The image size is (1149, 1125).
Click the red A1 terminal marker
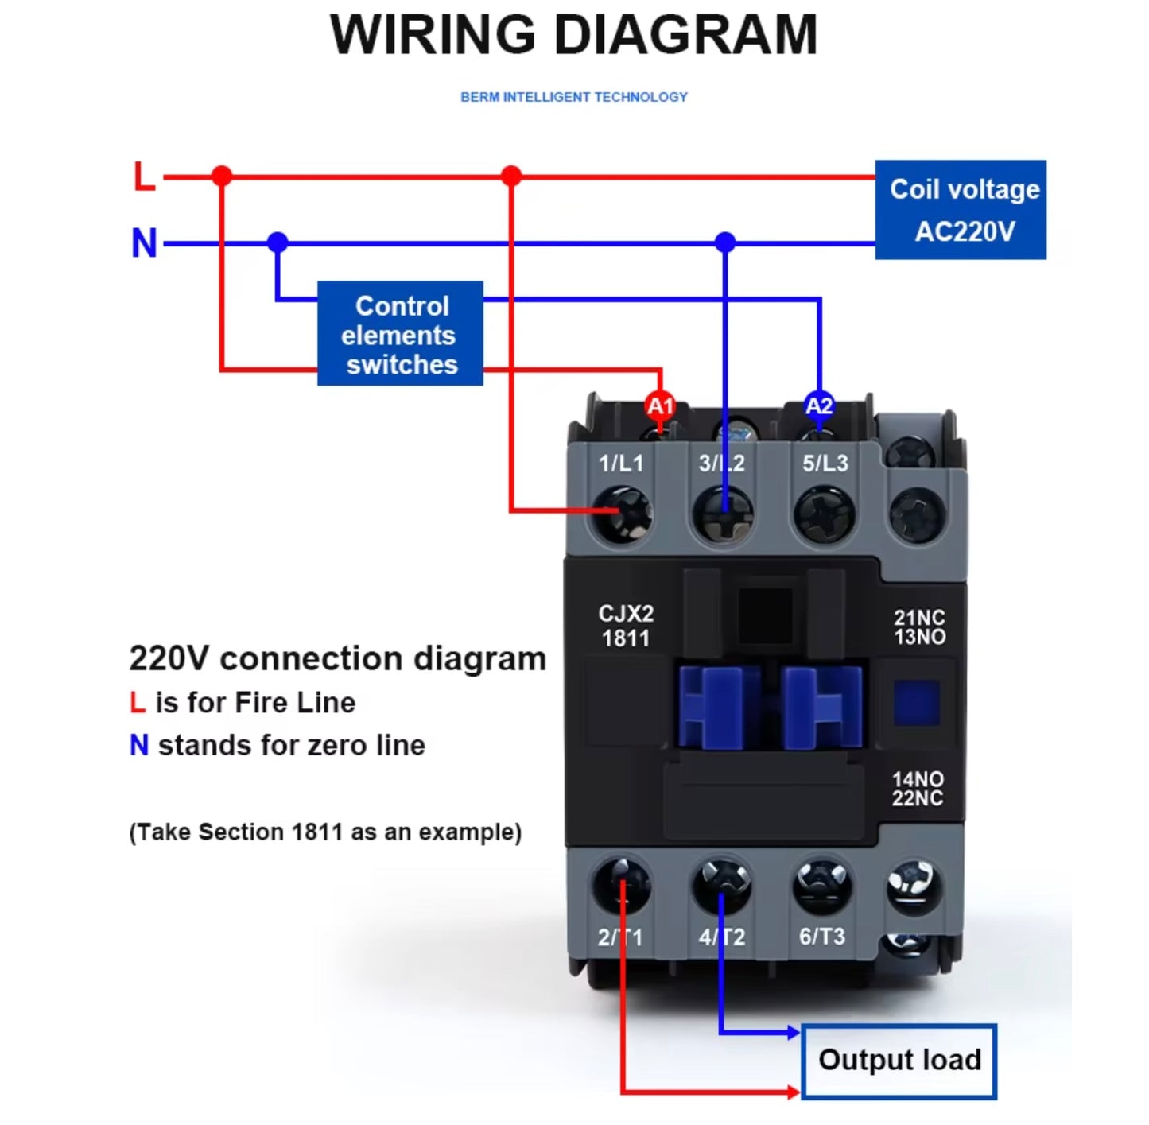pos(660,406)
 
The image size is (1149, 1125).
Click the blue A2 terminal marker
pos(819,406)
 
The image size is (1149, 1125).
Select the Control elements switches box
pos(400,334)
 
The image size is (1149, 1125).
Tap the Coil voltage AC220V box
pos(961,210)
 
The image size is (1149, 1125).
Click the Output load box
pos(899,1061)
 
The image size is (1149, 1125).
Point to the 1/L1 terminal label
pos(620,464)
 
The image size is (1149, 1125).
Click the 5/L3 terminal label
pos(825,464)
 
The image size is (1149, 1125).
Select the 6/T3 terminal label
pos(821,937)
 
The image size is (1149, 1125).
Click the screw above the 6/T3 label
pos(822,886)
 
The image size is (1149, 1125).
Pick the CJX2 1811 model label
pos(626,626)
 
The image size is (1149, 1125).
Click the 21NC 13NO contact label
pos(919,627)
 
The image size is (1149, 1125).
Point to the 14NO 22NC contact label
pos(918,789)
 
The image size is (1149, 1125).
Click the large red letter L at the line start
pos(144,177)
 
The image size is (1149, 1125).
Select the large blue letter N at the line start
pos(144,243)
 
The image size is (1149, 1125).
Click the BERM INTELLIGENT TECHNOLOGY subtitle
pos(573,97)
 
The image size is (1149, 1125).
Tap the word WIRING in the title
pos(433,35)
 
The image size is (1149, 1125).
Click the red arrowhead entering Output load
pos(794,1092)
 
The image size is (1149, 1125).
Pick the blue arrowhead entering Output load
pos(794,1033)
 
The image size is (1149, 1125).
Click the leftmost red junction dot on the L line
pos(222,177)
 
